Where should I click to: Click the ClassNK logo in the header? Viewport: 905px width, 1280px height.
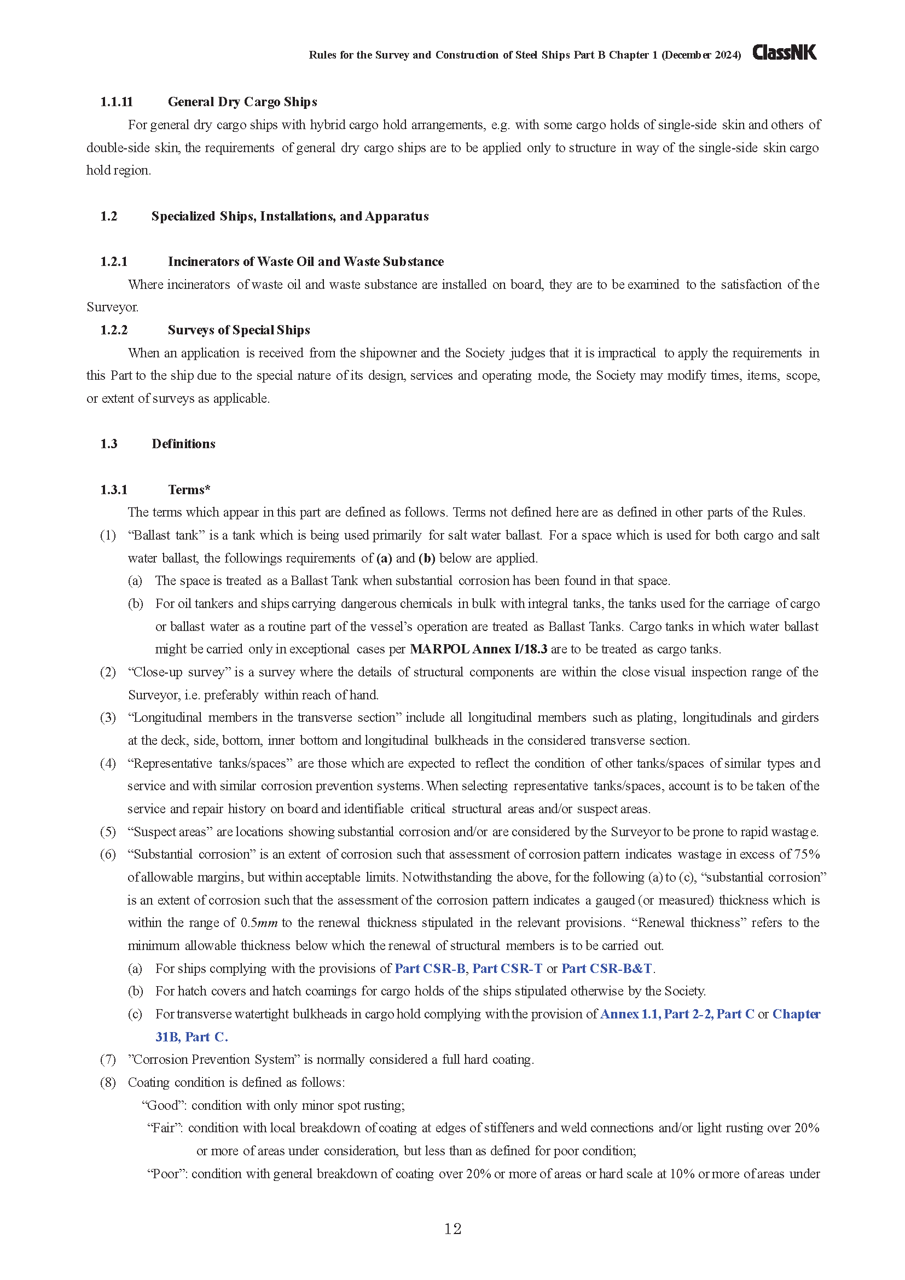pos(784,53)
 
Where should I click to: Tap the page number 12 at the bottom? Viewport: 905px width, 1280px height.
pos(452,1229)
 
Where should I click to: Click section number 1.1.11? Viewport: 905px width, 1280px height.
pos(117,102)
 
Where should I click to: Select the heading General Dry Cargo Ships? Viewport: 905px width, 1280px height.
pos(242,102)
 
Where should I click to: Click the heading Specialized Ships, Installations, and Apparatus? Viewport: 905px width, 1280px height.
pos(290,216)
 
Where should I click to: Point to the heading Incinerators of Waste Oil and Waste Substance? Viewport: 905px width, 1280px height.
pos(305,262)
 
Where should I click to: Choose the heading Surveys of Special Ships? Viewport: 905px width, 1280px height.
pos(239,330)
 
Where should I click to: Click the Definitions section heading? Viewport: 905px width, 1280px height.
pos(183,444)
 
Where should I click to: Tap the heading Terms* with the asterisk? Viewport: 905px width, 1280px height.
pos(189,489)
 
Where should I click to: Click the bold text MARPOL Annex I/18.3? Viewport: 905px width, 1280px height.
pos(478,649)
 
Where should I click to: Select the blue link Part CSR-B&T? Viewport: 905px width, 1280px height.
pos(606,969)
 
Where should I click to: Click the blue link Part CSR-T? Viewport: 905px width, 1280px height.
pos(507,969)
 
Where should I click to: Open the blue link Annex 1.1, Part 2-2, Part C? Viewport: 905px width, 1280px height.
pos(677,1014)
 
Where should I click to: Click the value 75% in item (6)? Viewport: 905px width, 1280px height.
pos(807,854)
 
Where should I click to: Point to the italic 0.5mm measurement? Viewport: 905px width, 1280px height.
pos(259,923)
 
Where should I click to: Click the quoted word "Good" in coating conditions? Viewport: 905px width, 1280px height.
pos(163,1105)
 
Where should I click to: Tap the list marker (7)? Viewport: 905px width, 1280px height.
pos(108,1059)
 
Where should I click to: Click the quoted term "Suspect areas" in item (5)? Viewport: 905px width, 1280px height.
pos(171,832)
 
